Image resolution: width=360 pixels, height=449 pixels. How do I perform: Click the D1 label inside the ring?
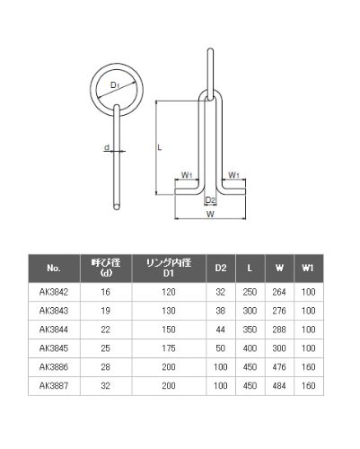pyautogui.click(x=115, y=85)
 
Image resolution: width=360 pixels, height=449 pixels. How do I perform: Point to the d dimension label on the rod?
pyautogui.click(x=107, y=147)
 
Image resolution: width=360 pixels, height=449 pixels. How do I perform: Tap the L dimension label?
pyautogui.click(x=160, y=147)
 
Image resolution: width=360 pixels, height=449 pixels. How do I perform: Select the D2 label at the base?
pyautogui.click(x=210, y=200)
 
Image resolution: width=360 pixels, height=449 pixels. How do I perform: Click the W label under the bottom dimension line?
pyautogui.click(x=210, y=214)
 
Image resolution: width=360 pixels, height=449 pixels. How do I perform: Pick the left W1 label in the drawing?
pyautogui.click(x=187, y=175)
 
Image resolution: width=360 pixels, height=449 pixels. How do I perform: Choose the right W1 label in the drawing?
pyautogui.click(x=233, y=175)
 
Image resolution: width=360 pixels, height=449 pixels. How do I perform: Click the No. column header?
pyautogui.click(x=54, y=269)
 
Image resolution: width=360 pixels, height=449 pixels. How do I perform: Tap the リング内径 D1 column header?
pyautogui.click(x=169, y=268)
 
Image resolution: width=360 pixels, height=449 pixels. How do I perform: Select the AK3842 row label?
pyautogui.click(x=54, y=292)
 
